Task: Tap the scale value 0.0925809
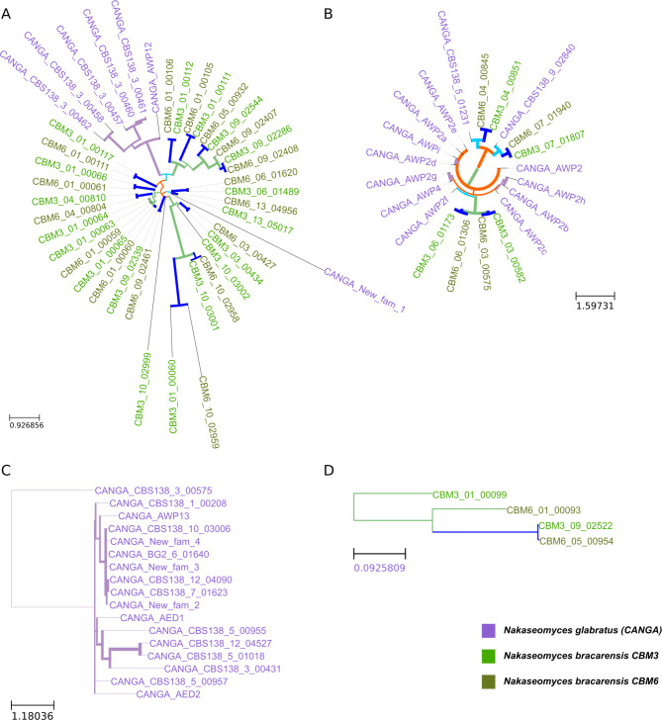pos(380,571)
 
